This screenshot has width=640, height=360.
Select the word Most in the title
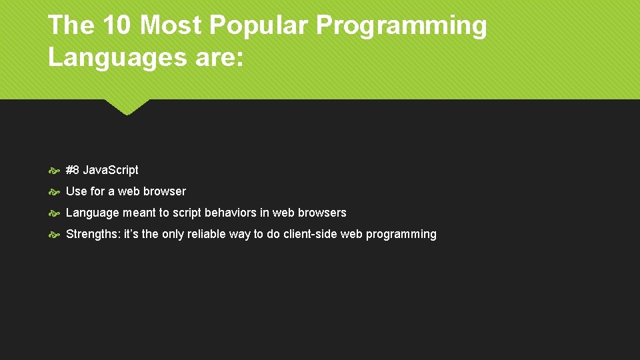(x=171, y=26)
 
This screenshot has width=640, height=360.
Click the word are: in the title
(x=217, y=58)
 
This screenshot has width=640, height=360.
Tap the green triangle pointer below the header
(x=127, y=107)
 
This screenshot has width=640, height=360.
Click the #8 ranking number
(x=73, y=170)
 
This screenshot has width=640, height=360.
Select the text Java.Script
(x=111, y=170)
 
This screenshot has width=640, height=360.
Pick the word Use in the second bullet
(x=76, y=191)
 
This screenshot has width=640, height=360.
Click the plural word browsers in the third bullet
(x=323, y=213)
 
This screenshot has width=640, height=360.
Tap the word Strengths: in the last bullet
(x=93, y=234)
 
